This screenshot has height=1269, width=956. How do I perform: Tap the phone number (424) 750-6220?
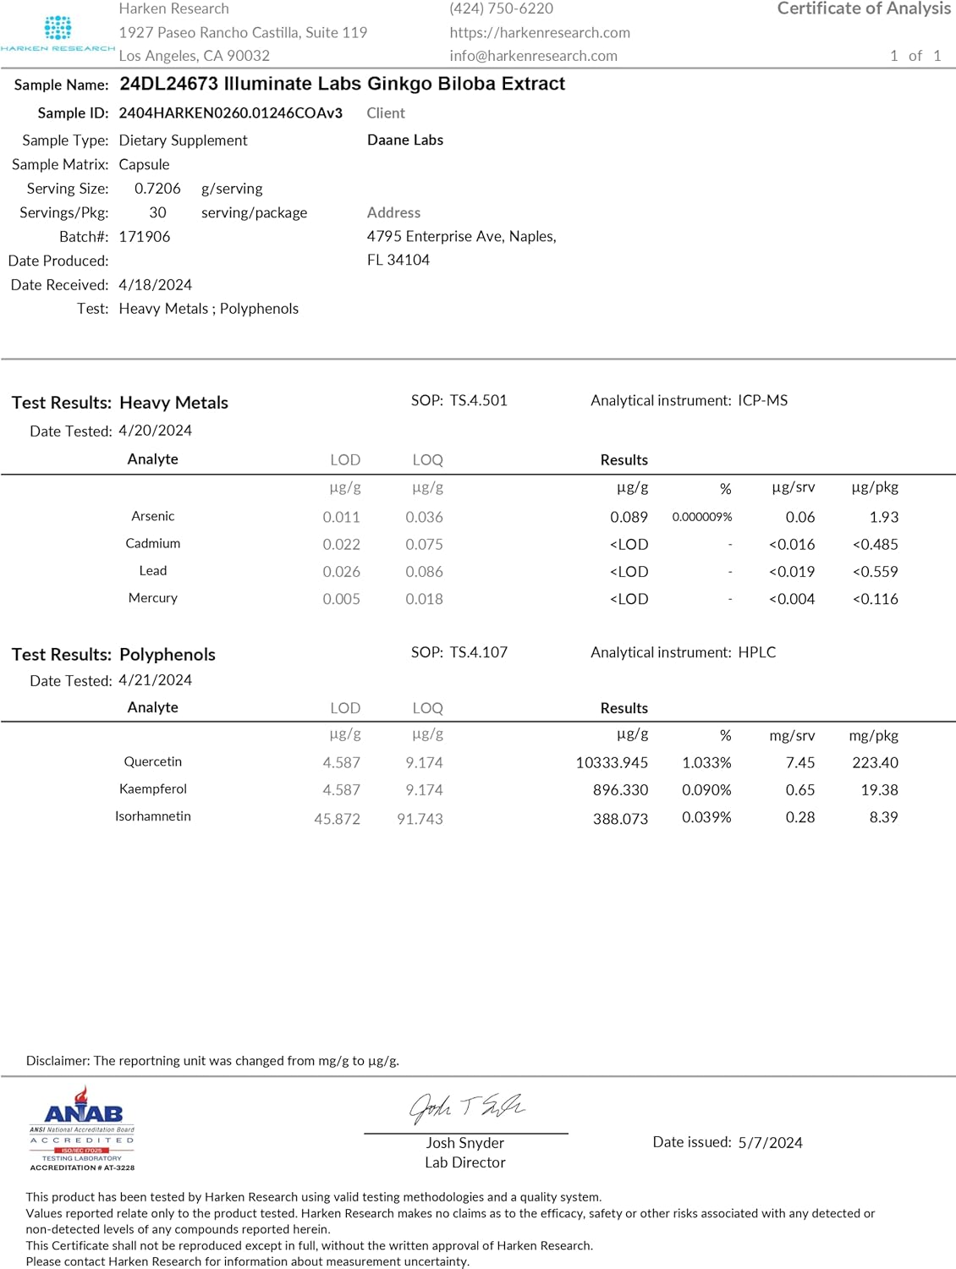(x=501, y=8)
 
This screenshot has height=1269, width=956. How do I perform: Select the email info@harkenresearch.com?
(x=533, y=56)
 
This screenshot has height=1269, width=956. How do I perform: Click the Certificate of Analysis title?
(x=864, y=8)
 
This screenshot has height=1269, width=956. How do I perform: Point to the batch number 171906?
(x=144, y=237)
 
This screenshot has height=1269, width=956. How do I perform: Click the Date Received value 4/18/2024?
(x=155, y=285)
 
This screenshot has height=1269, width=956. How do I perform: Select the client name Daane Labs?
(x=405, y=140)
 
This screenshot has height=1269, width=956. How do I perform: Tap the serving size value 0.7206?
(x=157, y=189)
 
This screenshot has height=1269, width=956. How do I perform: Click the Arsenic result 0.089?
(x=629, y=517)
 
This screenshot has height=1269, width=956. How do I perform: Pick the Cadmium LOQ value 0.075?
(x=424, y=544)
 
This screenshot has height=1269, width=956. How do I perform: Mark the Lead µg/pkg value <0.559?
(x=875, y=572)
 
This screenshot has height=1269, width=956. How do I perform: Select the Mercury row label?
(x=153, y=598)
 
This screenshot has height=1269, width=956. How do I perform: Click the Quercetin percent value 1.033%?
(x=706, y=763)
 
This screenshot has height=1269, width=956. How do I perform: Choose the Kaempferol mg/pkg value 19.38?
(x=879, y=790)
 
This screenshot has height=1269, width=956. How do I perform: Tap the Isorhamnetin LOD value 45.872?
(x=337, y=819)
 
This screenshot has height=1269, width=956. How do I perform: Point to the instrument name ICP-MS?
(x=762, y=400)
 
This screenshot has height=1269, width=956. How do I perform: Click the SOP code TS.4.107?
(x=478, y=652)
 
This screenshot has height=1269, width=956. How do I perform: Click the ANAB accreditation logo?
(x=82, y=1129)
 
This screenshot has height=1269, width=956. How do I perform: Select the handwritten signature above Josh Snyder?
(x=466, y=1107)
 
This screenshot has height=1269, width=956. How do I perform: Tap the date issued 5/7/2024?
(x=770, y=1143)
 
